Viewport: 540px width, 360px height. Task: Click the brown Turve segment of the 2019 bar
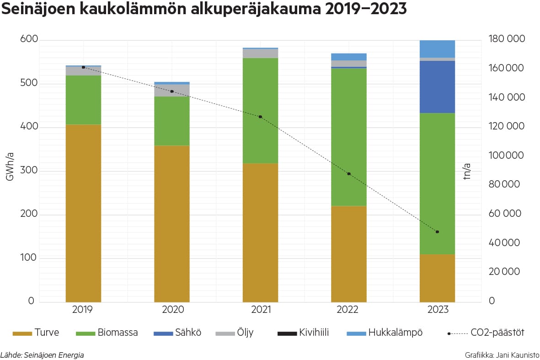(83, 213)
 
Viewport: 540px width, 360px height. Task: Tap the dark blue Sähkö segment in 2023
(437, 86)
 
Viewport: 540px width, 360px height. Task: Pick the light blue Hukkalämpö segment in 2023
(437, 48)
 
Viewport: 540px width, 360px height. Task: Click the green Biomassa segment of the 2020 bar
(172, 121)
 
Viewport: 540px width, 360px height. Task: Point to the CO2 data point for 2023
(437, 232)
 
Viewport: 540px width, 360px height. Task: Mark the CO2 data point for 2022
(349, 174)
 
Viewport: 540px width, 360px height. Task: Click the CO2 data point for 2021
(260, 117)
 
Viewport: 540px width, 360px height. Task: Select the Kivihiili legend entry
(309, 333)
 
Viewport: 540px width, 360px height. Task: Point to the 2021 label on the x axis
(261, 310)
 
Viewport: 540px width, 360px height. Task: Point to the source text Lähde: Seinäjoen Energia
(42, 355)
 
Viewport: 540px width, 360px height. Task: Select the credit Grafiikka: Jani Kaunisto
(502, 355)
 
